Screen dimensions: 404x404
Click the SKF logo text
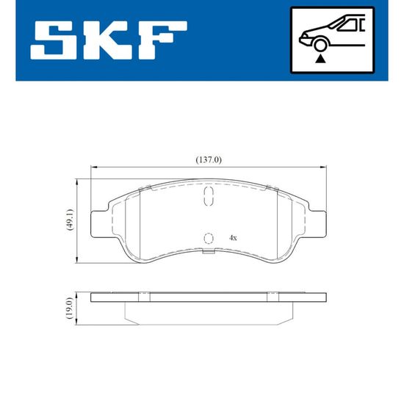pos(109,40)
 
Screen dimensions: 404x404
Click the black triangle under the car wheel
pos(320,59)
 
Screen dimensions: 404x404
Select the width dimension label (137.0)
pos(209,160)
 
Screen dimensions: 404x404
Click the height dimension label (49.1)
pos(71,220)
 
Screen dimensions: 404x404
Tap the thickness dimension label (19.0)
pos(70,309)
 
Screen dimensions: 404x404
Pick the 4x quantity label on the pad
pos(233,238)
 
